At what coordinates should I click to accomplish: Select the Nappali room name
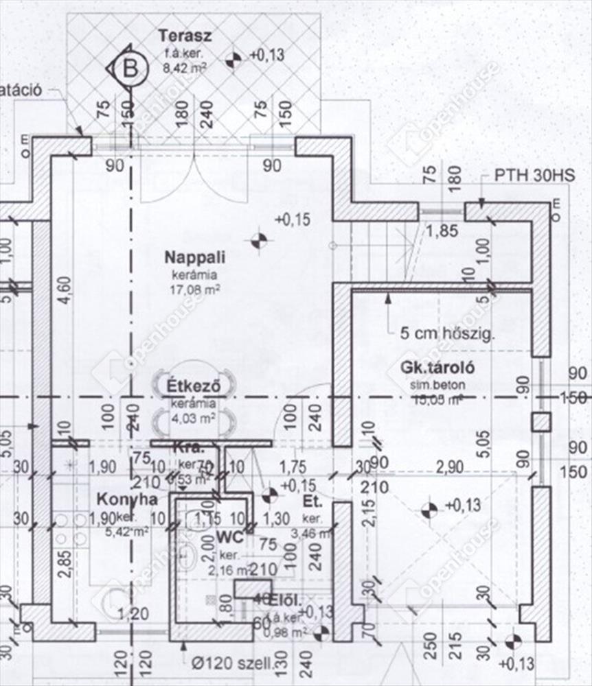(x=185, y=258)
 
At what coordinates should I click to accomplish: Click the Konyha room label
(x=127, y=499)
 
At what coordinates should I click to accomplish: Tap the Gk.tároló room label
(x=438, y=368)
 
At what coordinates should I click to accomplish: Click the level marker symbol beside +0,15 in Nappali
(x=258, y=241)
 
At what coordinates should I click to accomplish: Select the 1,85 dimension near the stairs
(x=441, y=230)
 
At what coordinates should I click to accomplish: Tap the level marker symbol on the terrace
(x=234, y=60)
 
